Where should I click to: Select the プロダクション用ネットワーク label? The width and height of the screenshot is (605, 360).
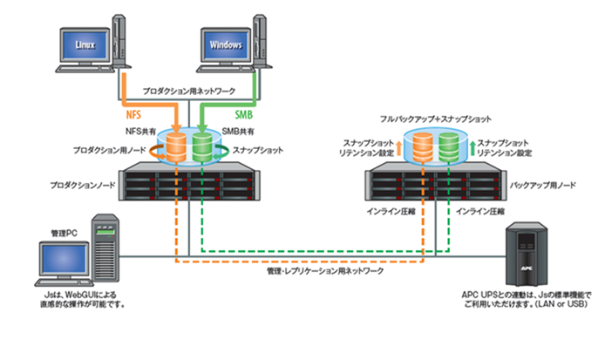pos(186,91)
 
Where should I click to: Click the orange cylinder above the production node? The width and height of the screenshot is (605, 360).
pos(176,146)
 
